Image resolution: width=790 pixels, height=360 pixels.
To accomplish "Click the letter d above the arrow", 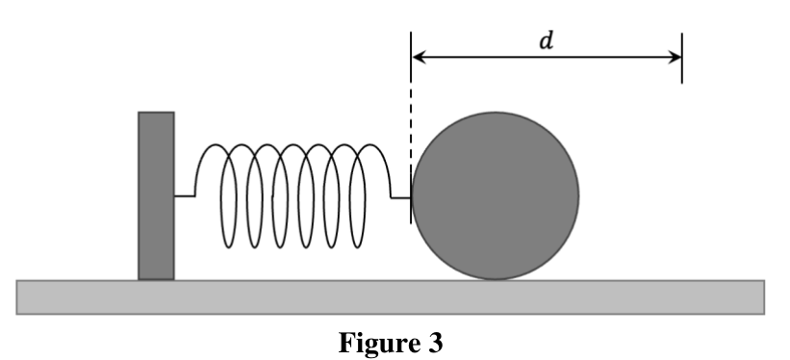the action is (x=547, y=40).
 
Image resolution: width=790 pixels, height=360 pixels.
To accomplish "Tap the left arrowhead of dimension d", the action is (x=420, y=57).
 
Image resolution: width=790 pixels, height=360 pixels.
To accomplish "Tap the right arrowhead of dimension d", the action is (x=675, y=57).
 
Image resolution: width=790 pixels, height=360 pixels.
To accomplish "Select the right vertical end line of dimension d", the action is (x=681, y=58).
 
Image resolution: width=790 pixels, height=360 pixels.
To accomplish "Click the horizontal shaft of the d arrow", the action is (x=547, y=57).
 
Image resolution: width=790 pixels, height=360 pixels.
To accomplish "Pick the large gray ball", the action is (x=496, y=195).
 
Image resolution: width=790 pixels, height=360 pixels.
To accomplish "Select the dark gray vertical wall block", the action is (x=156, y=195).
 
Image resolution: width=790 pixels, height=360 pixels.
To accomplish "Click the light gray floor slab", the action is (x=391, y=297).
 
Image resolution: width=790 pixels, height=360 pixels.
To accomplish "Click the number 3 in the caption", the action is (x=435, y=343).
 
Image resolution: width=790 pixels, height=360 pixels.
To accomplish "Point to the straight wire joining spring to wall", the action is (x=185, y=195).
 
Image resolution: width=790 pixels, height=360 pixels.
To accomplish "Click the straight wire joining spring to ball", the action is (x=401, y=197).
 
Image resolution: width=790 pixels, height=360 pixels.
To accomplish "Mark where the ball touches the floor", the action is (x=496, y=280).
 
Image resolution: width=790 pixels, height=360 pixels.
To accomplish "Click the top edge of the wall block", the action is (x=156, y=113).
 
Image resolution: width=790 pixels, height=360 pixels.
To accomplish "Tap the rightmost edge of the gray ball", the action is (x=579, y=195).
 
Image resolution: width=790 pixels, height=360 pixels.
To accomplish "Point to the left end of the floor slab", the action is (x=16, y=297).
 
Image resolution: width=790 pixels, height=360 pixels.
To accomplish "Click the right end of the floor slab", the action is (x=764, y=297).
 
